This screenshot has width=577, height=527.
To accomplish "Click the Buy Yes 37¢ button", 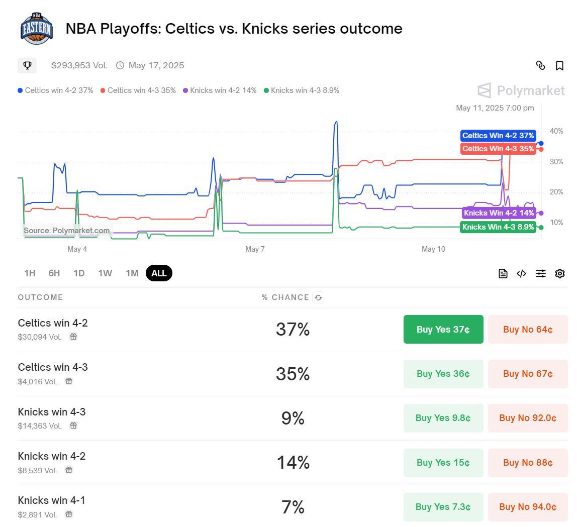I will click(443, 330).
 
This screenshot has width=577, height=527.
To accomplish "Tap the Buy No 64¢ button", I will click(528, 330).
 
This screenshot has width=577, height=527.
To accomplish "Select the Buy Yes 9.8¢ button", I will click(443, 418).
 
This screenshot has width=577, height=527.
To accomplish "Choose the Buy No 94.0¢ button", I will click(528, 507).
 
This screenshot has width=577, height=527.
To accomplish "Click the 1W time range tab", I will click(105, 273).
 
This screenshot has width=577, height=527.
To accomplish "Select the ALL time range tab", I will click(159, 273).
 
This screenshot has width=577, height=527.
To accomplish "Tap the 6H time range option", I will click(54, 273).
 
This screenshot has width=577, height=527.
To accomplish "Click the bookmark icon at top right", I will click(559, 66).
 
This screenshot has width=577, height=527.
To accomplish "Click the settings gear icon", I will click(560, 273).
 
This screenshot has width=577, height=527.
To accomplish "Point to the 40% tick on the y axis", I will click(556, 131).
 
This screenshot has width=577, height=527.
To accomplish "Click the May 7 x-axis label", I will click(255, 249).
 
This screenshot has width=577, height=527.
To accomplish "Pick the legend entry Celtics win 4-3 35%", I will click(138, 90).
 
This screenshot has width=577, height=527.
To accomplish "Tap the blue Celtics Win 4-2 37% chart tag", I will click(498, 136).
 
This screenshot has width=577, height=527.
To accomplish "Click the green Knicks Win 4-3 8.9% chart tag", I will click(498, 227).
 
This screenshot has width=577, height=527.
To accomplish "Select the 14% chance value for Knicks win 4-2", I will click(293, 462).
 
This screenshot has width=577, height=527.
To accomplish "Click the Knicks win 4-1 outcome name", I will click(51, 500).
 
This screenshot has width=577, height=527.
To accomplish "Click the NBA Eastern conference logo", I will click(36, 29).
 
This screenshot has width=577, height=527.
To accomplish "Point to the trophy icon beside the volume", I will click(28, 65).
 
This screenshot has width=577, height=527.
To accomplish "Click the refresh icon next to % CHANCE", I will click(318, 298).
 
